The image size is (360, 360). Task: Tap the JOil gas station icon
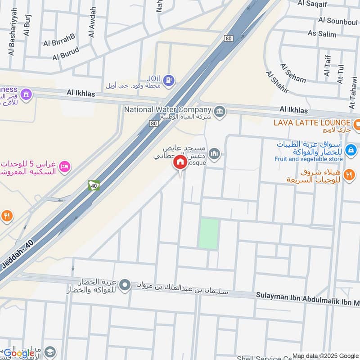[x=169, y=81]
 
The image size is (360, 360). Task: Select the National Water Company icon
[x=220, y=111]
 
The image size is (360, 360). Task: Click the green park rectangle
[x=208, y=233]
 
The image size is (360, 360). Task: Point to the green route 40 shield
[x=94, y=185]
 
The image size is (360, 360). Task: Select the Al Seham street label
[x=293, y=73]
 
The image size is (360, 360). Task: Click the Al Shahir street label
[x=277, y=82]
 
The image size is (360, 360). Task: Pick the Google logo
[x=18, y=353]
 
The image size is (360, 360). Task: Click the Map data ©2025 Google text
[x=327, y=355]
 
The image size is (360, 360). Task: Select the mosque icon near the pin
[x=215, y=154]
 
